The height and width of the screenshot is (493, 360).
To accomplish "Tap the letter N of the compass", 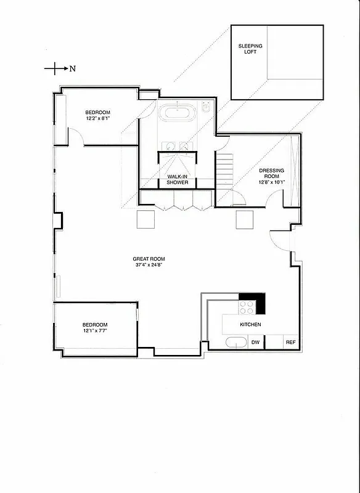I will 72,68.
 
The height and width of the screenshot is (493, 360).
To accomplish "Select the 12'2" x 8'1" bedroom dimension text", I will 98,119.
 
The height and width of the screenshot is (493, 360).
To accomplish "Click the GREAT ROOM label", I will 149,259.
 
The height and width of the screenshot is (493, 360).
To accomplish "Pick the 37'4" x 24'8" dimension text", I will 149,266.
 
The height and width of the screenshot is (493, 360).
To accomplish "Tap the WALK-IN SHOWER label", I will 178,179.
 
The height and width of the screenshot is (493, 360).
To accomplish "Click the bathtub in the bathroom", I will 178,115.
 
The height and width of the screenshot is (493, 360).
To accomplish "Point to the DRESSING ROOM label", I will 271,174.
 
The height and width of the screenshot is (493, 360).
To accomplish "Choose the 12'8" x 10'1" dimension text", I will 271,182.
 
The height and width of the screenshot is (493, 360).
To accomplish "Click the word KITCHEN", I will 250,325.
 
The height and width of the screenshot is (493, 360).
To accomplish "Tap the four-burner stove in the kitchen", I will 247,306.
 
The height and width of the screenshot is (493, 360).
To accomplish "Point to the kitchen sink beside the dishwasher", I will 235,343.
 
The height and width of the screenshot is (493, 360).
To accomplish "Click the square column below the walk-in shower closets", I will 146,219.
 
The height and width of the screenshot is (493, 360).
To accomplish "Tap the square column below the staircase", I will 245,219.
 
